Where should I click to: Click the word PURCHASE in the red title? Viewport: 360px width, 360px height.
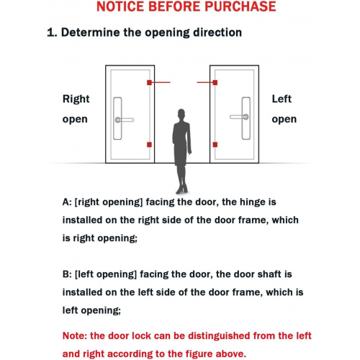tap(240, 6)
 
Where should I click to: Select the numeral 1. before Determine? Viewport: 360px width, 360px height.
tap(52, 32)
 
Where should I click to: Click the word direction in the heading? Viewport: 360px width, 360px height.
tap(217, 32)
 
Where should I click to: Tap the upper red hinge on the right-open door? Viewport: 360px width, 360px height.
tap(149, 83)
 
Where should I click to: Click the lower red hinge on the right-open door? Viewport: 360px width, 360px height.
tap(149, 145)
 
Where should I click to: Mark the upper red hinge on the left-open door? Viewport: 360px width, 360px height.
tap(215, 83)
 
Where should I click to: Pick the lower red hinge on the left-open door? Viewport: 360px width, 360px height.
tap(215, 145)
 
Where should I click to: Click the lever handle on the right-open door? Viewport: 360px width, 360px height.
tap(125, 120)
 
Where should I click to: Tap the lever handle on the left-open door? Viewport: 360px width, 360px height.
tap(239, 117)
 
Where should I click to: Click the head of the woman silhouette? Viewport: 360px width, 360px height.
tap(181, 114)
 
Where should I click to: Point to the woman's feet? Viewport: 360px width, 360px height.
tap(181, 190)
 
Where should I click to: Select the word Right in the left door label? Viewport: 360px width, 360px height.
tap(76, 99)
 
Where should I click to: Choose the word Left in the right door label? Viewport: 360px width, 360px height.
tap(282, 99)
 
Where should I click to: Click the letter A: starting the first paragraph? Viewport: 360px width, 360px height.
tap(67, 202)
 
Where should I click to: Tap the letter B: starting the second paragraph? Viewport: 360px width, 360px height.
tap(67, 274)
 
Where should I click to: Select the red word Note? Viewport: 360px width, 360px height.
tap(75, 336)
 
